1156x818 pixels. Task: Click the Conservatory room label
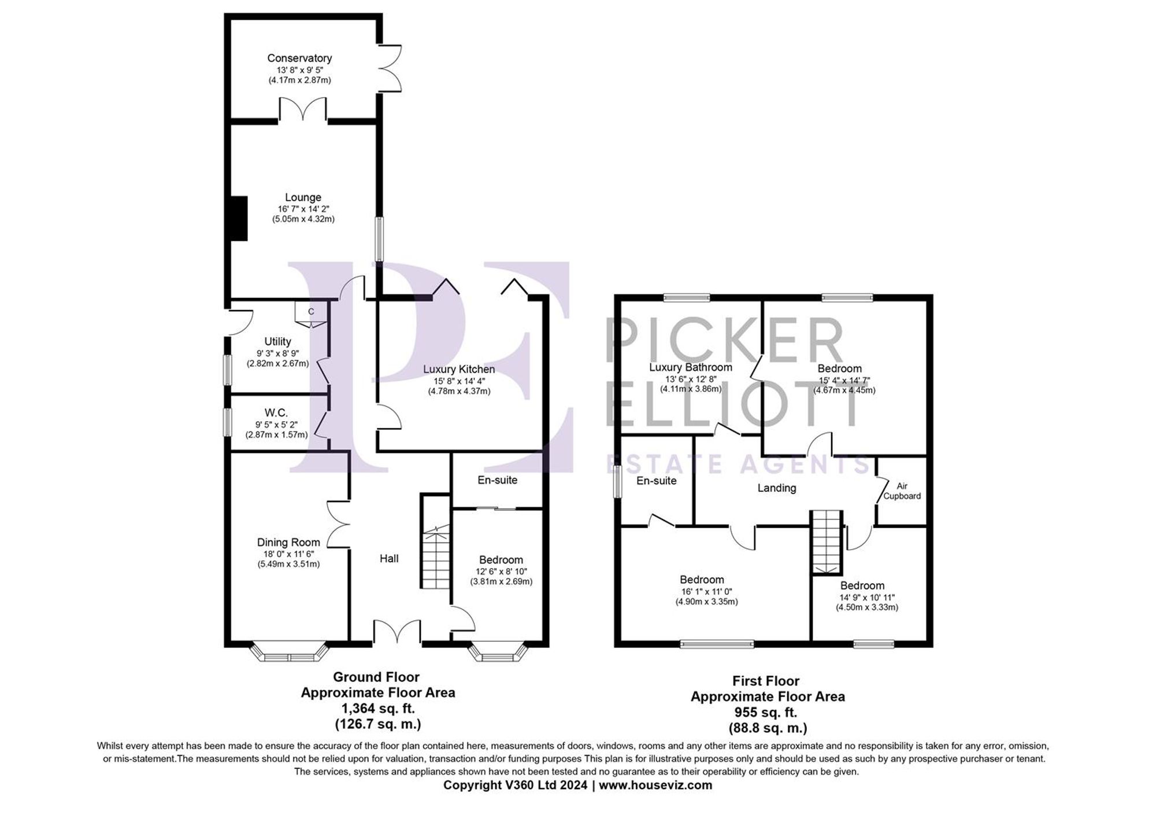pyautogui.click(x=299, y=58)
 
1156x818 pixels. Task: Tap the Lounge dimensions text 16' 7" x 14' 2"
pyautogui.click(x=303, y=209)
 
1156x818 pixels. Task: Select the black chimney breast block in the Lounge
pyautogui.click(x=238, y=218)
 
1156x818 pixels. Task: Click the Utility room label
pyautogui.click(x=277, y=342)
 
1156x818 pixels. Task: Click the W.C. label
pyautogui.click(x=276, y=413)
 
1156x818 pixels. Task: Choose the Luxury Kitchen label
pyautogui.click(x=459, y=369)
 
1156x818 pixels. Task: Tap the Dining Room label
pyautogui.click(x=288, y=543)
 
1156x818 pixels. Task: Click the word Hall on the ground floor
pyautogui.click(x=389, y=559)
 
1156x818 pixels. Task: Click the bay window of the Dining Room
pyautogui.click(x=289, y=653)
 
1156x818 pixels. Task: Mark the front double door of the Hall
pyautogui.click(x=397, y=632)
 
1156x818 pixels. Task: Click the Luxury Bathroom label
pyautogui.click(x=691, y=367)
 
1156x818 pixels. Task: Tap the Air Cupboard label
pyautogui.click(x=902, y=491)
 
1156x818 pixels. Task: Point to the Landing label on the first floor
pyautogui.click(x=777, y=488)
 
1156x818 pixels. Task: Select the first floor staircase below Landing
pyautogui.click(x=827, y=541)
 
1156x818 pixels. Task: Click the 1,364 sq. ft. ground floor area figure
pyautogui.click(x=378, y=709)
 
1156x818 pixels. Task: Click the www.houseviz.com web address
pyautogui.click(x=655, y=786)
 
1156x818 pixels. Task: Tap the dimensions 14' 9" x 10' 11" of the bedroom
pyautogui.click(x=866, y=598)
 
